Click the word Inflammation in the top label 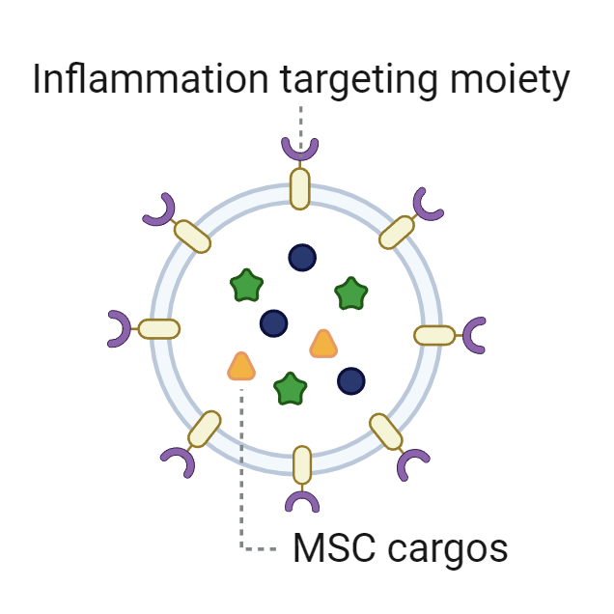pos(151,78)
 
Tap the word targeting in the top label pos(358,81)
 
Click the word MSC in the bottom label pos(335,547)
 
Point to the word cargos pos(448,551)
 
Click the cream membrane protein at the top pos(300,189)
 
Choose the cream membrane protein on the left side pos(159,329)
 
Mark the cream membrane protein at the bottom pos(302,465)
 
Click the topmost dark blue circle pos(302,257)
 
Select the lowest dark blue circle pos(351,381)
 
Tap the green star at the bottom pos(291,389)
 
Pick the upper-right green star pos(351,293)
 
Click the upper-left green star pos(247,285)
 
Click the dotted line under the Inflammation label pos(301,131)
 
